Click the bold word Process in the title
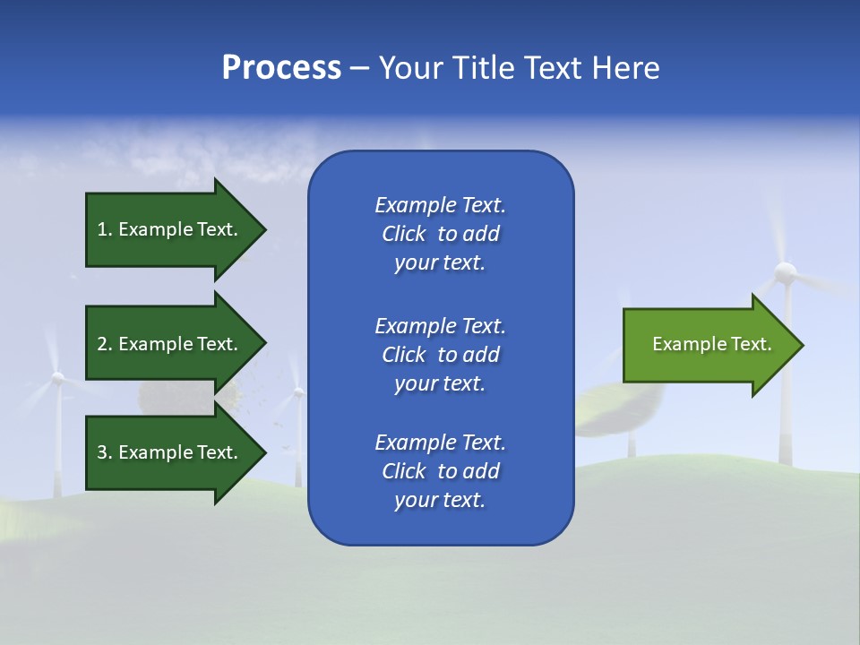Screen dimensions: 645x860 [281, 68]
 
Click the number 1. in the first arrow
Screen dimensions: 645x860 [105, 229]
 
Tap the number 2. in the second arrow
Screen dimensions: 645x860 [105, 344]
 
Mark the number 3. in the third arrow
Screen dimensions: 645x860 [105, 452]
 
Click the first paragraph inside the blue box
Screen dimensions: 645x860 [440, 234]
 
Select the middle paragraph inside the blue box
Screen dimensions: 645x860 [440, 354]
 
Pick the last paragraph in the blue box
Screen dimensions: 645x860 [440, 471]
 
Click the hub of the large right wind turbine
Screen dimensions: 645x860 [786, 272]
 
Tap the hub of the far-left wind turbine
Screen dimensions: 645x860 [57, 379]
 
